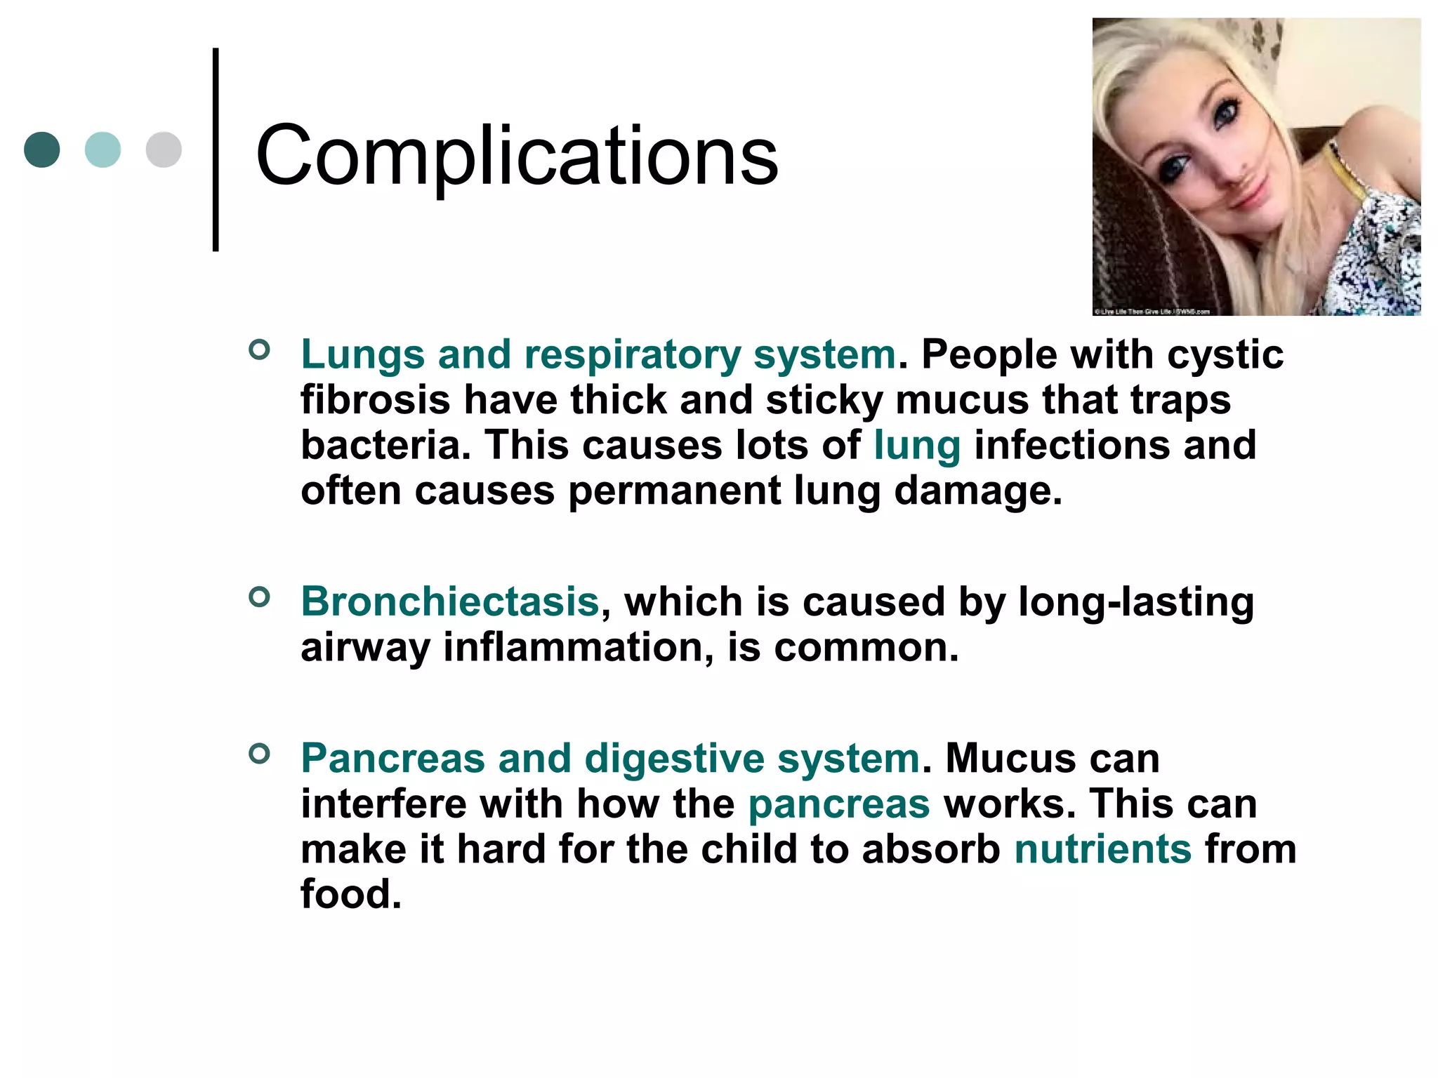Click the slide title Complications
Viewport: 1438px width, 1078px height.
[517, 156]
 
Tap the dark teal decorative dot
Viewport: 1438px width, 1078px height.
[42, 149]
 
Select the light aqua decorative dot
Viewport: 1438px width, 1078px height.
[103, 149]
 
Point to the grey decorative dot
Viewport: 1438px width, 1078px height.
[164, 149]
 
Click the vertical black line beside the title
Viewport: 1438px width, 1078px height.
[216, 149]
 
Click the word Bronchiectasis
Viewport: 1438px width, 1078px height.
[450, 602]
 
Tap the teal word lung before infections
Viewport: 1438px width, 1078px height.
[917, 446]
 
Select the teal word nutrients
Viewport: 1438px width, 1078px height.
[1102, 849]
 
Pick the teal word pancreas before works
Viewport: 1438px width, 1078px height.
[839, 804]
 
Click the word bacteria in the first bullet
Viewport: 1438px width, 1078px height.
[385, 446]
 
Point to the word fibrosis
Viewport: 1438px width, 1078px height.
[376, 400]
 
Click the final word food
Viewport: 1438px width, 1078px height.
[351, 895]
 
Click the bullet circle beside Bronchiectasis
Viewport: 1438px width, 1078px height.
[259, 597]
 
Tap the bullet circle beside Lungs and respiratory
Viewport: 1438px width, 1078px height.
[259, 350]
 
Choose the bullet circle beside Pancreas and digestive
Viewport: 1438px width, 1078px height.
[259, 754]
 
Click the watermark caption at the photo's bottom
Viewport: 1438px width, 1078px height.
[1152, 311]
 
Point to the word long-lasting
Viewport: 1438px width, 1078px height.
[1135, 602]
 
